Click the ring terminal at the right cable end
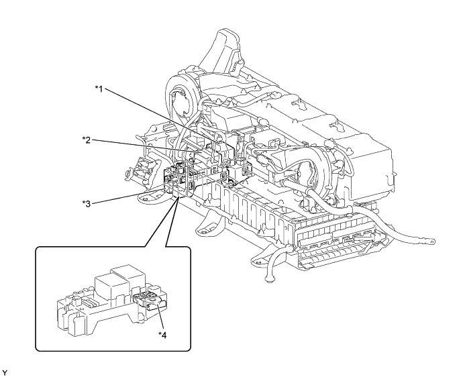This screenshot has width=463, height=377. coord(432,239)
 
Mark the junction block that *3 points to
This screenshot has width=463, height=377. coord(176,182)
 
